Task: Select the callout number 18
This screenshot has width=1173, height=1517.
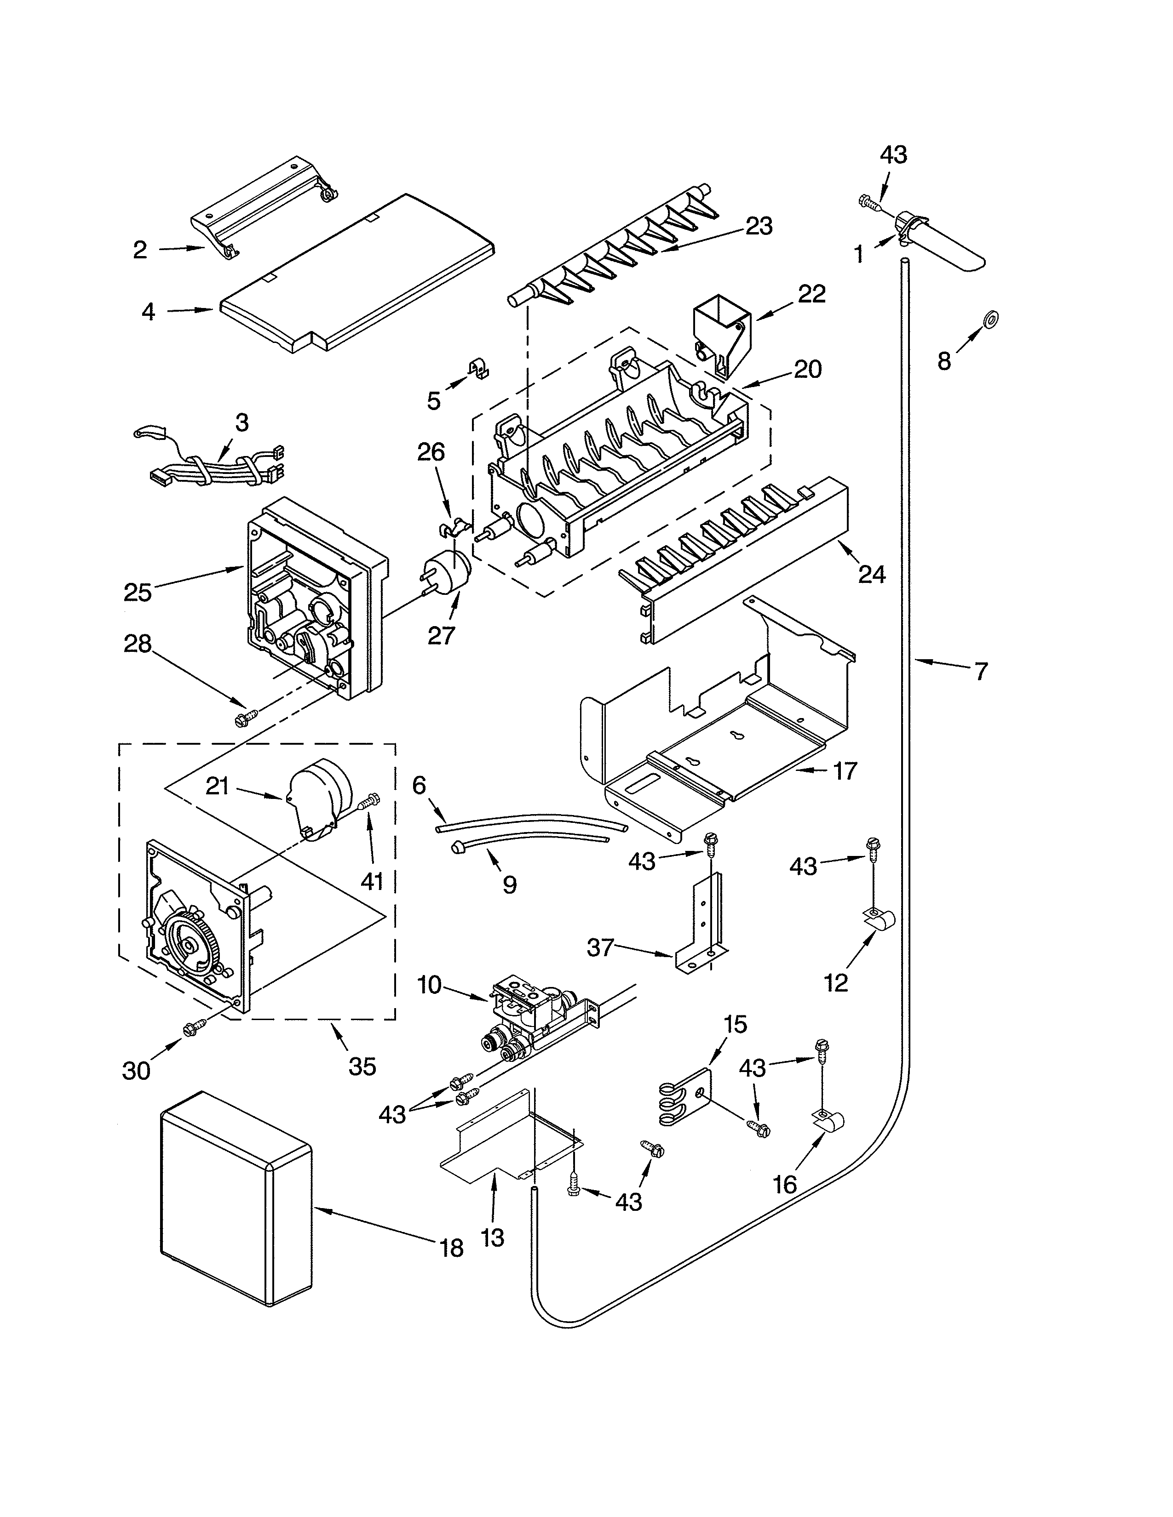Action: click(x=452, y=1248)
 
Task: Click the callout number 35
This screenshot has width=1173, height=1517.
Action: click(x=362, y=1066)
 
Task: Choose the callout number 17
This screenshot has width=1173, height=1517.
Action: click(x=845, y=771)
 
